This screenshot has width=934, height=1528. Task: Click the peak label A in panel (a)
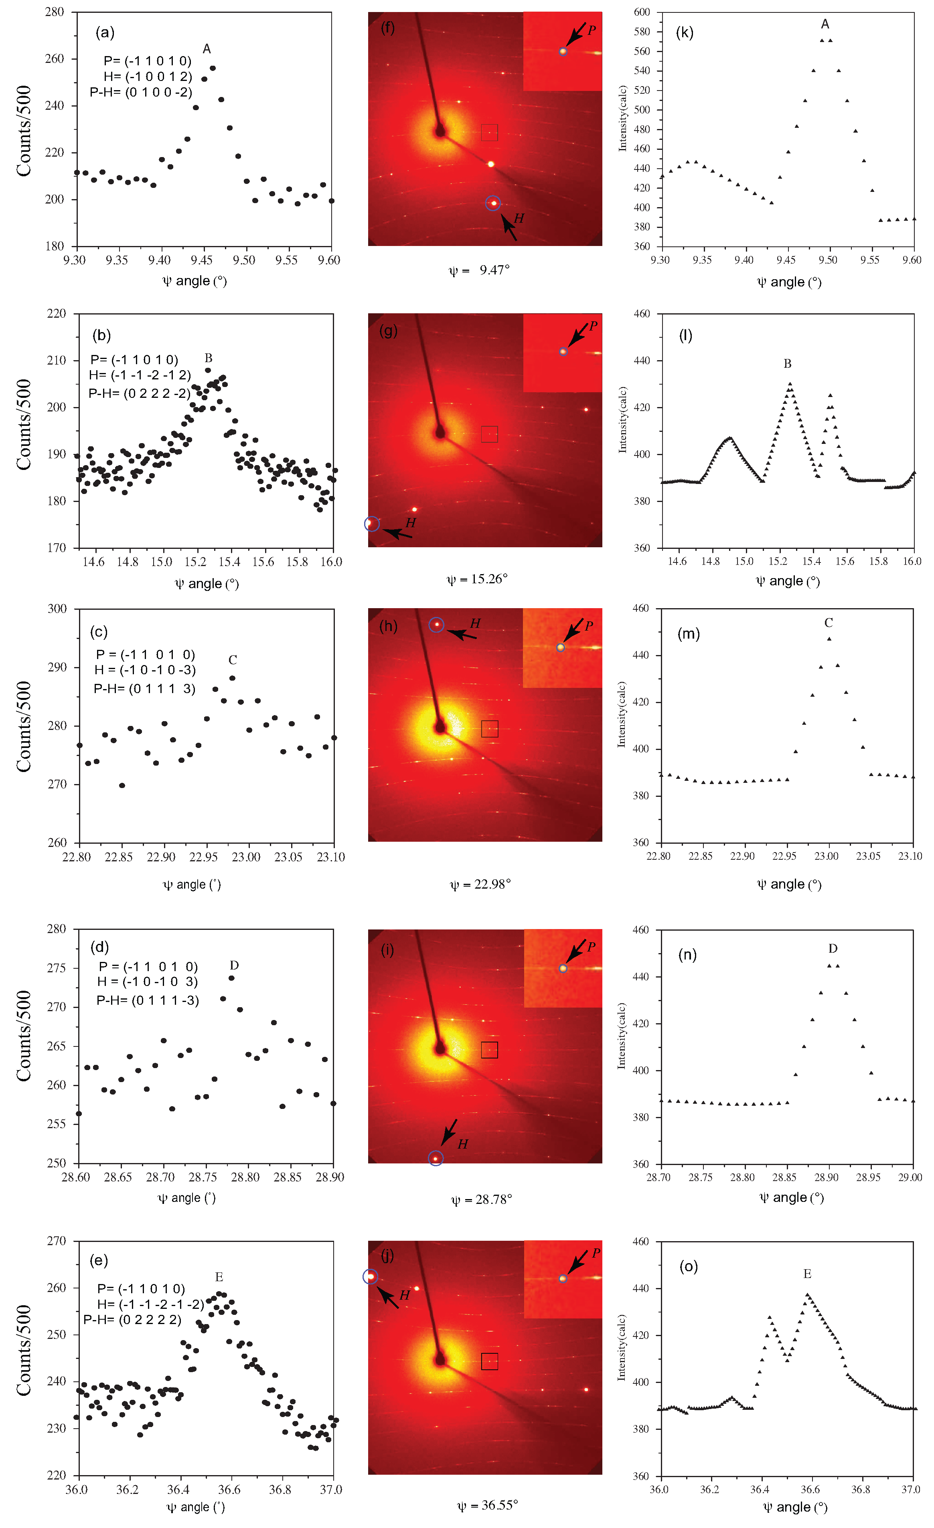click(207, 49)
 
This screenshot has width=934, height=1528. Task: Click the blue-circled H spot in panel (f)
click(493, 204)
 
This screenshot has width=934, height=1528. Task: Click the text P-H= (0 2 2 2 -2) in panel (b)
click(140, 393)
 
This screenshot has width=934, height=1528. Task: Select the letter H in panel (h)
click(475, 623)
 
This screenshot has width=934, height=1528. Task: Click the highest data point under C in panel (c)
click(232, 678)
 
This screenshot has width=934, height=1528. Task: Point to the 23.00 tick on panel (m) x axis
click(826, 857)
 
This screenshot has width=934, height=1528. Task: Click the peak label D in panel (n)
click(833, 948)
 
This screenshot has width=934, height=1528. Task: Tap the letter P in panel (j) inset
click(596, 1253)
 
